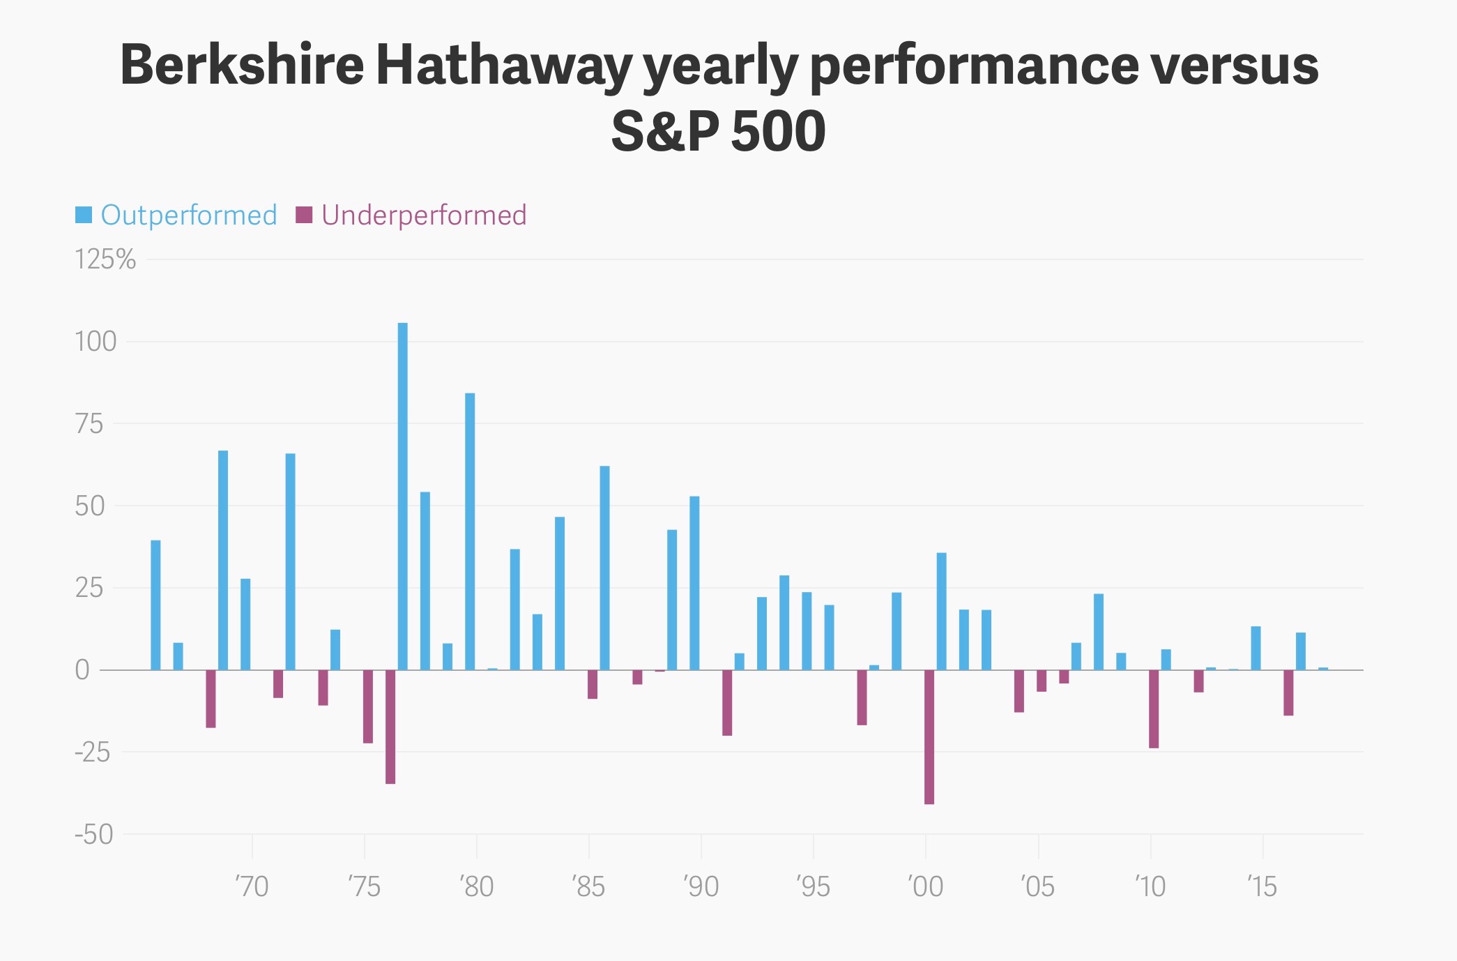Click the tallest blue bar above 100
point(402,495)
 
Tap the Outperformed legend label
point(189,215)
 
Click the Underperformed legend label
point(424,215)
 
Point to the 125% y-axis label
point(105,259)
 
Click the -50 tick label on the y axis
point(94,834)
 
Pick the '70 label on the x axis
point(252,886)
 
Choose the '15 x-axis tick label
point(1263,886)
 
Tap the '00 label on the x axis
point(926,886)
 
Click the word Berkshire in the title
point(242,65)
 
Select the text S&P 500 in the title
point(719,131)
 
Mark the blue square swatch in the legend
point(84,215)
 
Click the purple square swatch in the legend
point(304,215)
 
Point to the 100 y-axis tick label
point(96,342)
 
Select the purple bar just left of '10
point(1154,709)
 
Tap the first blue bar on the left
point(155,605)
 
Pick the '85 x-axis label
point(589,886)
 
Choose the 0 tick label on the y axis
point(82,670)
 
